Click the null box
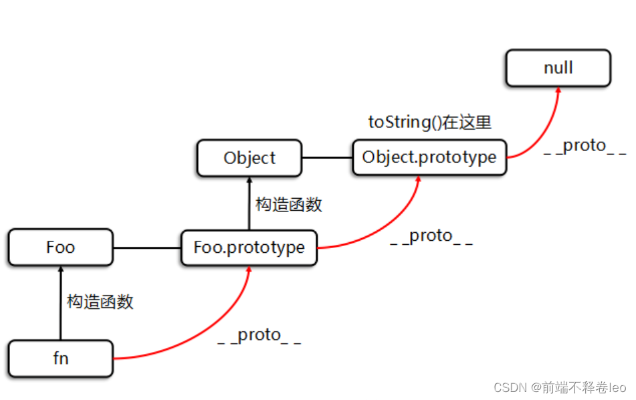click(x=558, y=68)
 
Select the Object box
click(x=249, y=158)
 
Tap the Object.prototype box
click(x=429, y=157)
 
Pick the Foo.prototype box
click(x=249, y=247)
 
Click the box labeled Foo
click(x=60, y=247)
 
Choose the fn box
click(x=60, y=359)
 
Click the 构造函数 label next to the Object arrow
click(x=289, y=205)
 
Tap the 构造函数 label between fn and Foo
click(x=100, y=302)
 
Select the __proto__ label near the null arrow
click(x=585, y=146)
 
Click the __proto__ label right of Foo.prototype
click(x=431, y=236)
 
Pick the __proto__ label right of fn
click(x=259, y=336)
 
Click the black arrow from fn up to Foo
click(x=61, y=303)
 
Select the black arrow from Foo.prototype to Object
click(x=249, y=203)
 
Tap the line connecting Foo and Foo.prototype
click(x=147, y=247)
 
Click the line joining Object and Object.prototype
click(x=327, y=157)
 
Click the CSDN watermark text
click(x=560, y=387)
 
